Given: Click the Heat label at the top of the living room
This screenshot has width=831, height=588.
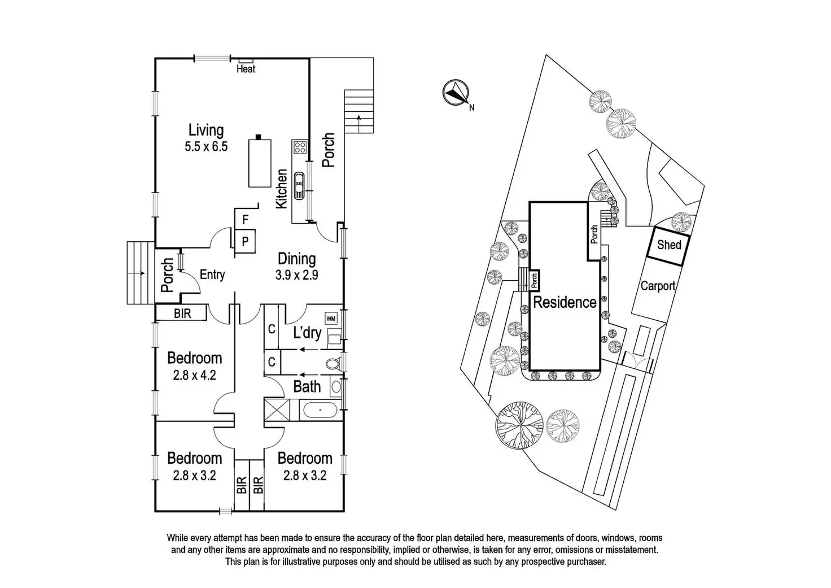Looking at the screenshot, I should [246, 69].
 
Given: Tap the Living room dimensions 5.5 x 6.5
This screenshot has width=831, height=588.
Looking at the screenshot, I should [205, 147].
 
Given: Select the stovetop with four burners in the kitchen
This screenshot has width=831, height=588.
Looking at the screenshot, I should [299, 148].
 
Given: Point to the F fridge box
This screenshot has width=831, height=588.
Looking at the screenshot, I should [245, 219].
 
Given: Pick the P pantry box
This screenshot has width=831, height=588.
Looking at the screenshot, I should [246, 240].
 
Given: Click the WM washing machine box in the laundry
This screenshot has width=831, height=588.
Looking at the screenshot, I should [331, 319].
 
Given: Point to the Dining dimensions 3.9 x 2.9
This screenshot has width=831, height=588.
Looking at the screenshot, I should [296, 276].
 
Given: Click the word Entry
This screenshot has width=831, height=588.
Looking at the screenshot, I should [212, 275].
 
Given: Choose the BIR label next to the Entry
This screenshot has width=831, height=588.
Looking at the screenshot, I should [182, 313].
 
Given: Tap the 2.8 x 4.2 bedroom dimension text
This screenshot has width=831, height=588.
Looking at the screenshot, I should [194, 375].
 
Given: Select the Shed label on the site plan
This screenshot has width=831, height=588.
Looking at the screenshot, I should [669, 245].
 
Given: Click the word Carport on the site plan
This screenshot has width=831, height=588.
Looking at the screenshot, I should [658, 286].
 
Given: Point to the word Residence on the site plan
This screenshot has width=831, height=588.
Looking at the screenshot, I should [565, 302].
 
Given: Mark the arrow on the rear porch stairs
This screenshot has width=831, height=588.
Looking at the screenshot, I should [359, 120].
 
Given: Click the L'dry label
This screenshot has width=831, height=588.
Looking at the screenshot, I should [307, 333].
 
